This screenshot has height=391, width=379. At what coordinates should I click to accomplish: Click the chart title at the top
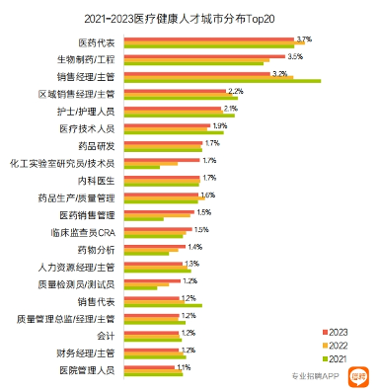click(189, 17)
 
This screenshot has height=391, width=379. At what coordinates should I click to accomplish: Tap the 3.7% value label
click(304, 38)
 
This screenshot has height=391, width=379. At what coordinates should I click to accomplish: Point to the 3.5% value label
click(294, 55)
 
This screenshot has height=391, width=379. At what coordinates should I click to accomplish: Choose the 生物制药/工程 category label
click(86, 60)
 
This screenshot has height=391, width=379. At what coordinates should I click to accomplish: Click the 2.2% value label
click(235, 90)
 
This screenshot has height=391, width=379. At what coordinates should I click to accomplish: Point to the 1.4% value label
click(194, 245)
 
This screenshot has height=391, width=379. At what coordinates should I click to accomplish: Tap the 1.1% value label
click(183, 365)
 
